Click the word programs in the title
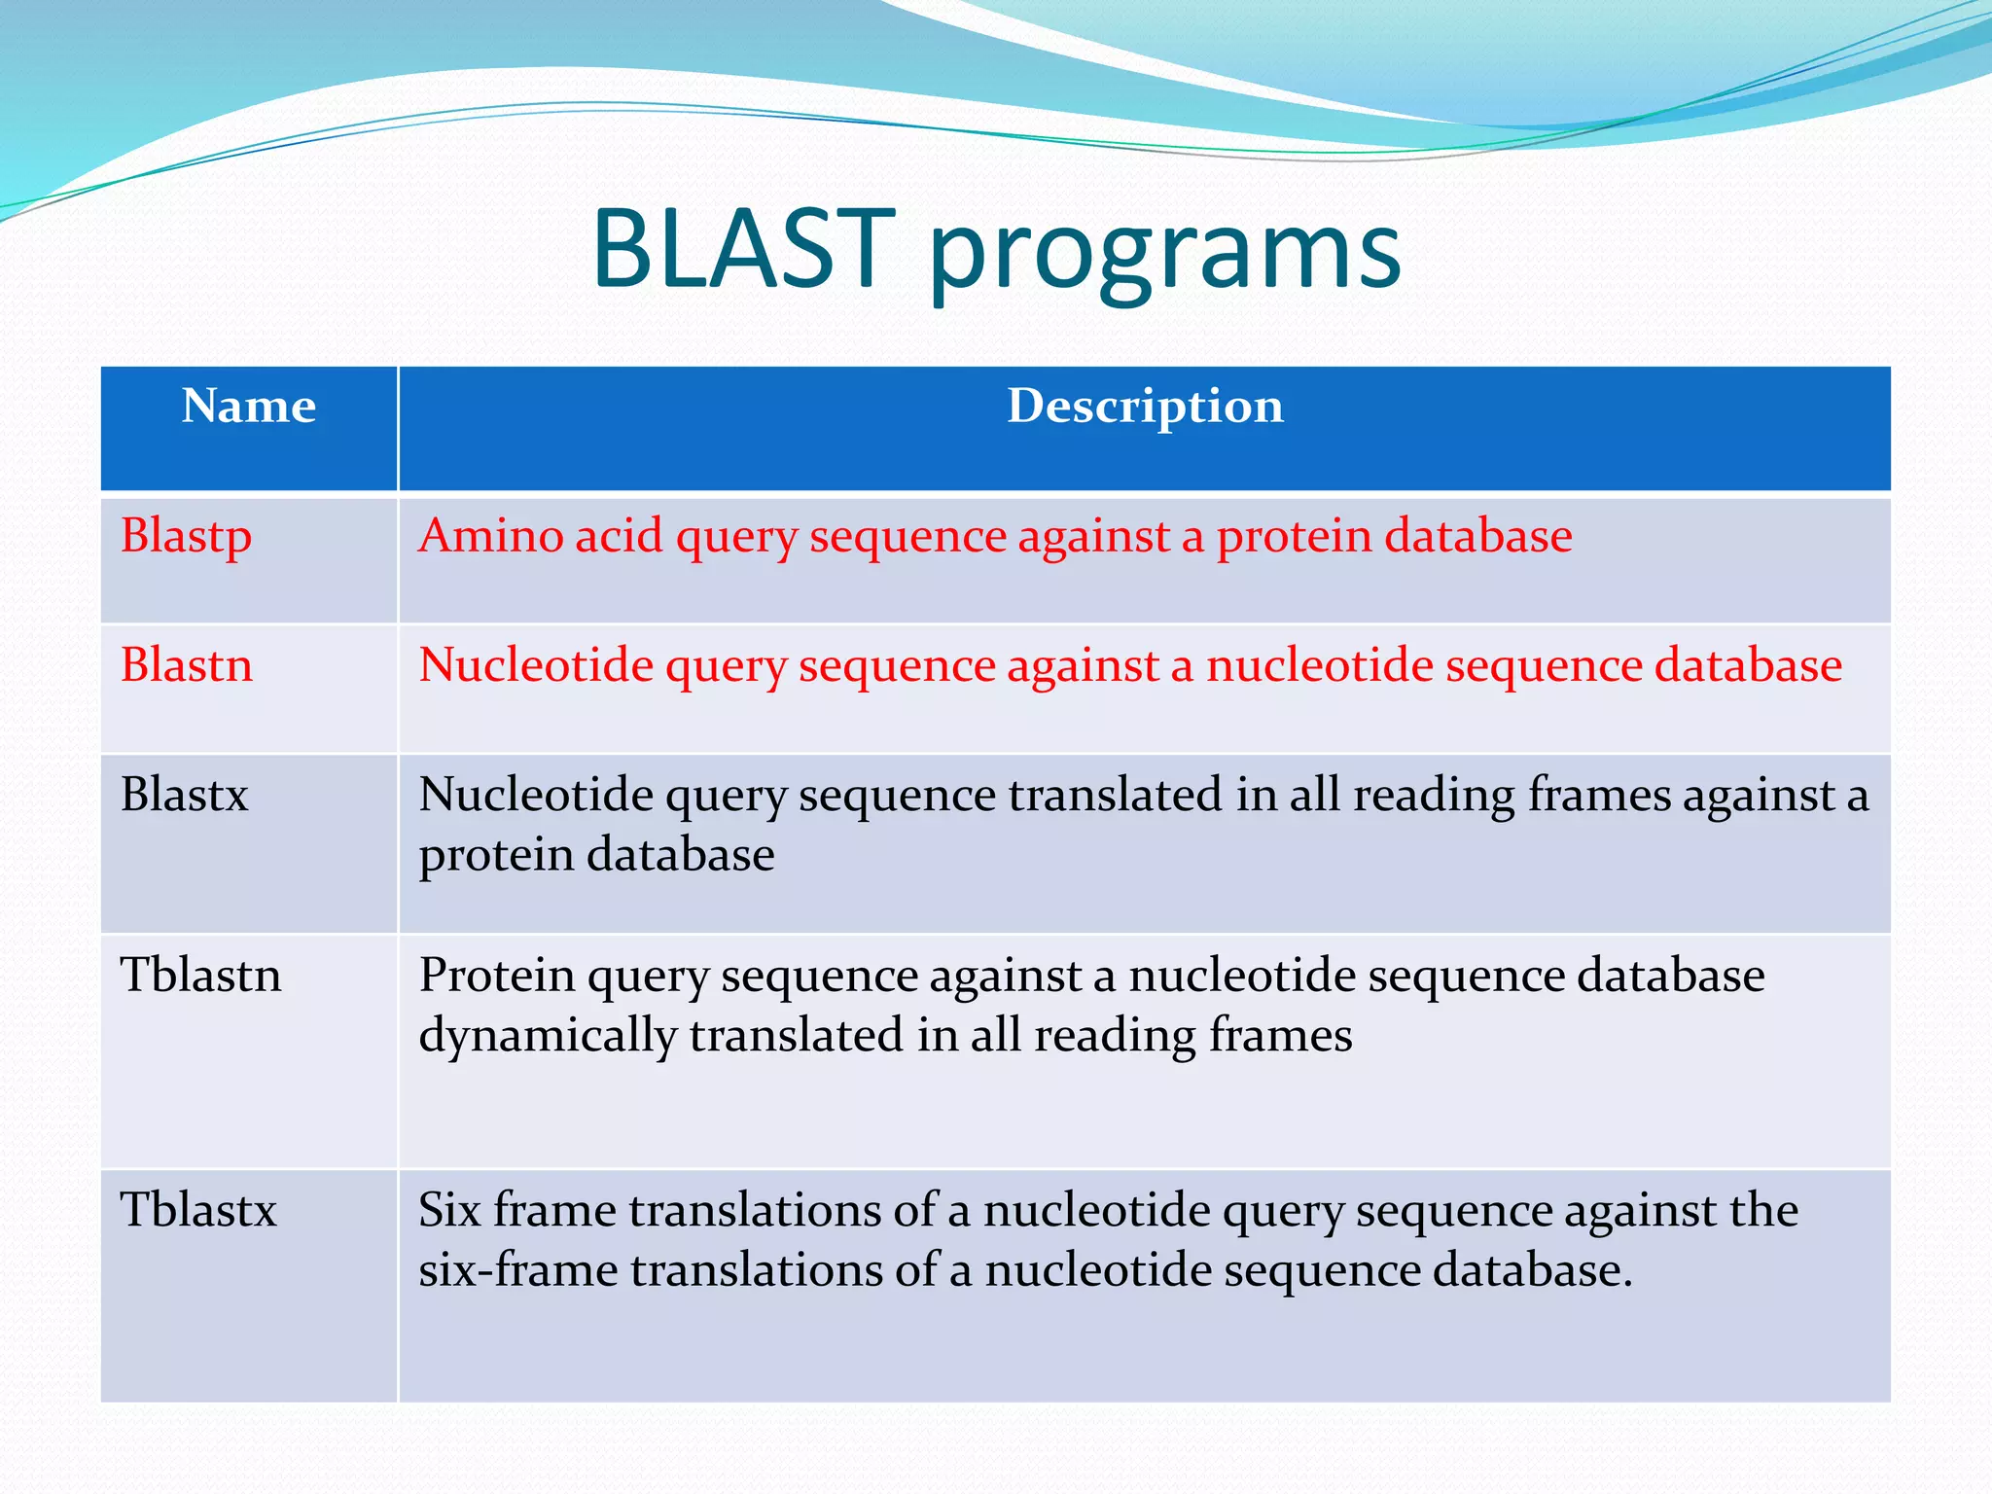click(1164, 255)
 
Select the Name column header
click(249, 407)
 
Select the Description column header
click(1145, 407)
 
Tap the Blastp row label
click(186, 537)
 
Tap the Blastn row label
click(186, 665)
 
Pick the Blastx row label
click(184, 795)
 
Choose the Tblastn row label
click(200, 975)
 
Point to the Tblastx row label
click(198, 1210)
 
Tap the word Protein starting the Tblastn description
click(497, 976)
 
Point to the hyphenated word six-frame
click(517, 1270)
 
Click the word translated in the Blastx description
click(1115, 795)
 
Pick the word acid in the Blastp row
click(619, 536)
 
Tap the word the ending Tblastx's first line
click(1763, 1210)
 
